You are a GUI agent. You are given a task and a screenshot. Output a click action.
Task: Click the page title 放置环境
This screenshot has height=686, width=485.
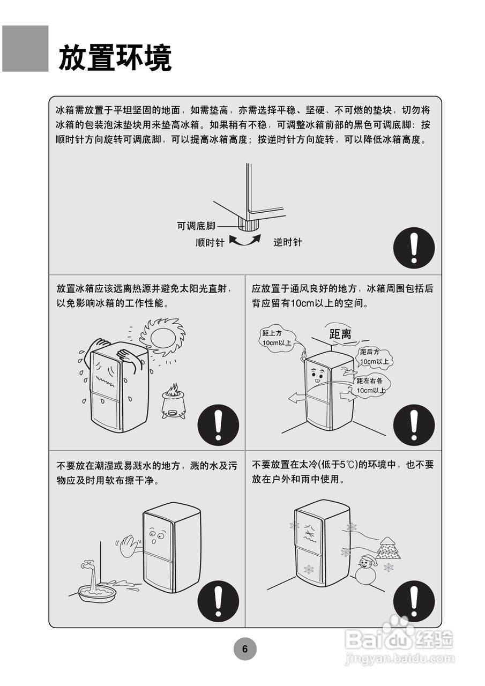(115, 57)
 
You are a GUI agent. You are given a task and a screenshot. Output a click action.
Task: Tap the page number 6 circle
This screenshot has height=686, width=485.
(245, 649)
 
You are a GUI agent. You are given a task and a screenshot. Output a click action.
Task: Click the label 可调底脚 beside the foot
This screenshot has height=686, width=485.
(196, 226)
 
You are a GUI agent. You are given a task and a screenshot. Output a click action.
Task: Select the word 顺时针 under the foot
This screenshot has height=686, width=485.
(210, 243)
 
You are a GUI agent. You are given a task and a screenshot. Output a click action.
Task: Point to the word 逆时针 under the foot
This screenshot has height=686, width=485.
(288, 242)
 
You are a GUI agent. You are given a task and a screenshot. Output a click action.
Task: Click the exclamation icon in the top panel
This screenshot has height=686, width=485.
(414, 248)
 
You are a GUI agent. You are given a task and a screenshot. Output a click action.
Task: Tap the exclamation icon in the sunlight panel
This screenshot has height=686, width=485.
(218, 424)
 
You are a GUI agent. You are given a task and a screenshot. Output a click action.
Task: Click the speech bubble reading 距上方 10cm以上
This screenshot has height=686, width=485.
(277, 338)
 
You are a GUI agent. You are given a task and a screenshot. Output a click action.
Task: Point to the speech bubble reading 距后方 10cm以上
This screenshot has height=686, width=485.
(375, 356)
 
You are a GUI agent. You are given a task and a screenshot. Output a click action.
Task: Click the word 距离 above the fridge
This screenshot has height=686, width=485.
(340, 334)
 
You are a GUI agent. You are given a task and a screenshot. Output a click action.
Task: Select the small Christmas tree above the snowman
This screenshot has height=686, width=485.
(387, 548)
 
